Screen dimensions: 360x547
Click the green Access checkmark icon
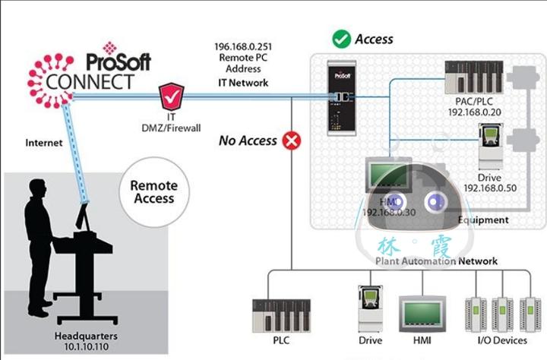click(342, 38)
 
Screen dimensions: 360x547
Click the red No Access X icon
click(290, 140)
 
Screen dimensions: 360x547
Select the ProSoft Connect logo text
click(91, 72)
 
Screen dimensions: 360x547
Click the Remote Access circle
click(153, 191)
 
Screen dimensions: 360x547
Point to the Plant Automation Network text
click(436, 261)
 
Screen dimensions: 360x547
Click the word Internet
click(43, 142)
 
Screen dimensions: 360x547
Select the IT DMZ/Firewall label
click(171, 123)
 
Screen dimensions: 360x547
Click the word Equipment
click(483, 220)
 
